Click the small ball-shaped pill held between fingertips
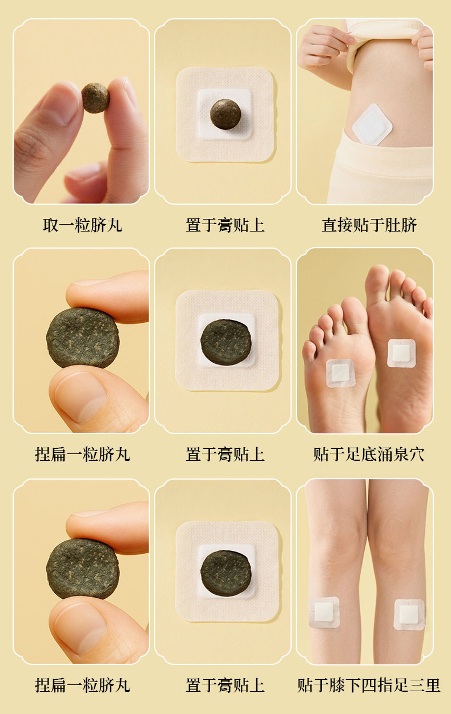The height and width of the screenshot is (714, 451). point(95,98)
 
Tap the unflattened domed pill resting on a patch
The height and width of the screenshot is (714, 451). point(226,114)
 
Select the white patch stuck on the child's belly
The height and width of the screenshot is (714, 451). point(372,125)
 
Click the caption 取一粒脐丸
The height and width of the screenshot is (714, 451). point(82,225)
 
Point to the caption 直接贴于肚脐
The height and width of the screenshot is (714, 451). point(369,225)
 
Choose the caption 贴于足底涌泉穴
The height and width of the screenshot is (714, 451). point(369,454)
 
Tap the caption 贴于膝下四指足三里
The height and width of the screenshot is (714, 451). point(369,685)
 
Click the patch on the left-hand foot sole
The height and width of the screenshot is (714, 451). point(341,373)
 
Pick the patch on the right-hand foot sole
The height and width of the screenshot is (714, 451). point(401,353)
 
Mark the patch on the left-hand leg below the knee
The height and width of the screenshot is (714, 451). point(324,612)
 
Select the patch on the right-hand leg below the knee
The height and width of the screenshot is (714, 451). point(409,614)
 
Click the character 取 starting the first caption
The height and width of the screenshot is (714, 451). point(51,225)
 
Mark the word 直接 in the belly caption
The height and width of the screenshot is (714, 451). point(337,225)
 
